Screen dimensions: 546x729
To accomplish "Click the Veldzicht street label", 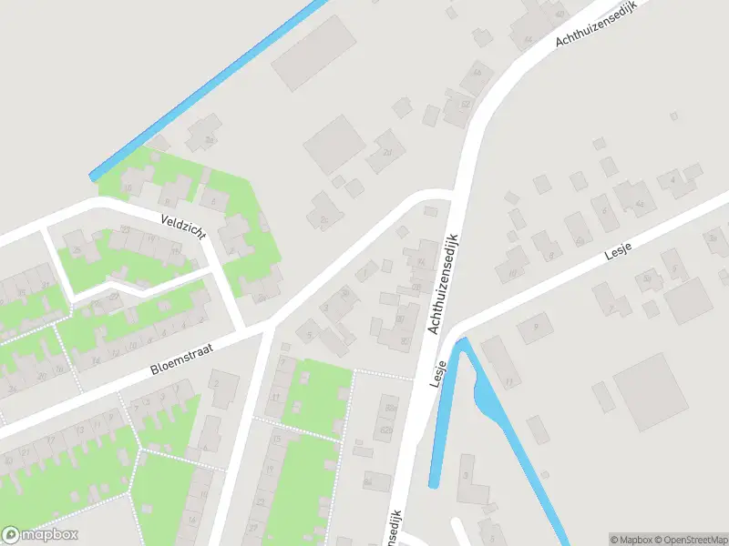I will pyautogui.click(x=182, y=227).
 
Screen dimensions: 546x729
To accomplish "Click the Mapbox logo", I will pyautogui.click(x=40, y=535).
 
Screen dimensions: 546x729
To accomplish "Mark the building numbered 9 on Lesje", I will pyautogui.click(x=536, y=326).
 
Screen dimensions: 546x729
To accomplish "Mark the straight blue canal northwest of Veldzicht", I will pyautogui.click(x=210, y=86).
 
